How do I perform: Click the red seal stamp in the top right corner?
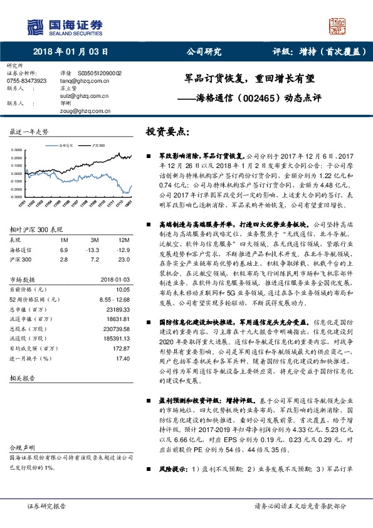[x=339, y=25]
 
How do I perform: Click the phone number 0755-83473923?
[x=26, y=81]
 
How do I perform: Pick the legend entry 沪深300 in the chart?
[x=99, y=145]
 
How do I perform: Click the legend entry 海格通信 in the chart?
[x=66, y=145]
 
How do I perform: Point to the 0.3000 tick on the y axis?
[x=18, y=150]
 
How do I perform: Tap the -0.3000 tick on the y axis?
[x=17, y=196]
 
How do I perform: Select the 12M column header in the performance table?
[x=125, y=240]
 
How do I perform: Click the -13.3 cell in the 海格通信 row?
[x=95, y=250]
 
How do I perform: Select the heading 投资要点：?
[x=167, y=132]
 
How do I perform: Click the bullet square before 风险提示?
[x=147, y=468]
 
